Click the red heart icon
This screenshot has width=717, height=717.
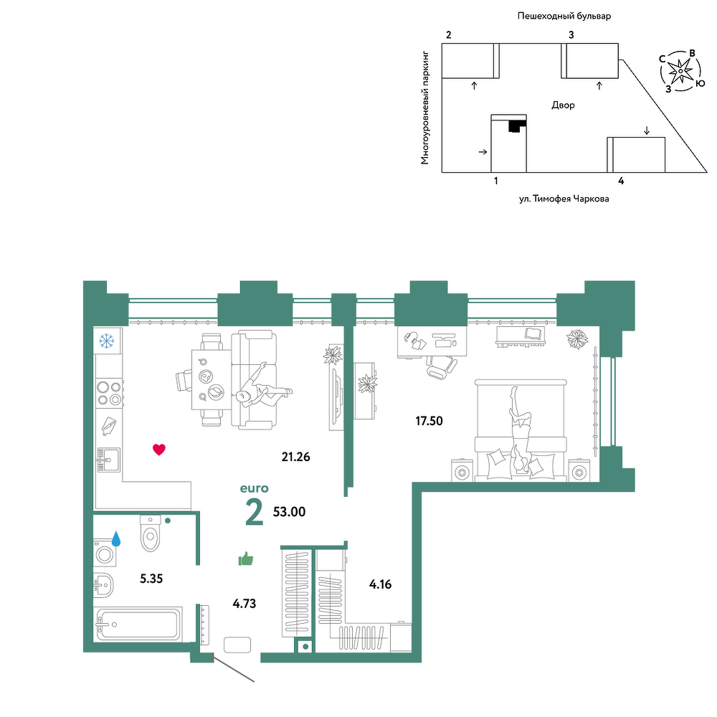click(158, 450)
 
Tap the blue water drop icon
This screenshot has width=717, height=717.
click(116, 538)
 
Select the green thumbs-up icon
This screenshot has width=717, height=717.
click(246, 559)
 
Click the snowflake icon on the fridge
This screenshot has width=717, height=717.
click(107, 341)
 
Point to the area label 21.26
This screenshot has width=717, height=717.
click(296, 456)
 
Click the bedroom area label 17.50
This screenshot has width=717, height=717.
click(429, 421)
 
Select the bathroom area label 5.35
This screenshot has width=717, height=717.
click(151, 579)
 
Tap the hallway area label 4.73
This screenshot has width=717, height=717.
click(244, 604)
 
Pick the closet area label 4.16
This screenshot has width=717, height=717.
click(380, 584)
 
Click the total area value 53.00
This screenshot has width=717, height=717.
click(289, 512)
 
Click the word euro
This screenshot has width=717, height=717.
click(255, 488)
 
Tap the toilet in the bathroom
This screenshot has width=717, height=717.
click(151, 533)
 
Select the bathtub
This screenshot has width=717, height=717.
click(138, 624)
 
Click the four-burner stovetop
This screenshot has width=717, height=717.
click(110, 393)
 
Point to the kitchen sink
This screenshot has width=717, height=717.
click(108, 460)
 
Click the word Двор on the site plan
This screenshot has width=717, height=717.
click(563, 105)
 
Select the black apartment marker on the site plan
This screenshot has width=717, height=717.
click(517, 125)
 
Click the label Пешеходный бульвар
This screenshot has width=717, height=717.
click(564, 16)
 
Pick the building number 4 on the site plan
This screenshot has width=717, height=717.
click(621, 181)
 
